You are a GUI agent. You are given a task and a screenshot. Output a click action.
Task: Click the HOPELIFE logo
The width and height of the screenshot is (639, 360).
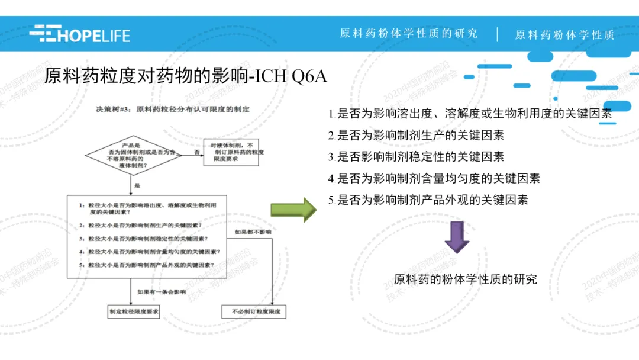coord(80,34)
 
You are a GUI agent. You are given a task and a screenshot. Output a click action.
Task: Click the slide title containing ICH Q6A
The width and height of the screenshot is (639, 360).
coord(186,77)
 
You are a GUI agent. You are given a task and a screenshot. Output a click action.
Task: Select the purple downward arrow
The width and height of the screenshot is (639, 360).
coord(457,237)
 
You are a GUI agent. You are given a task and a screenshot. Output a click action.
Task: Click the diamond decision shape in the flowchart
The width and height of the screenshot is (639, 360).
coord(133,155)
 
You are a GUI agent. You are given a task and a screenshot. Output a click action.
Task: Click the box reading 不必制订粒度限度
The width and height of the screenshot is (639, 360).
coord(253,311)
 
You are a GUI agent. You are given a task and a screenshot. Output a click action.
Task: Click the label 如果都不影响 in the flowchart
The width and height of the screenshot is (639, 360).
coord(253,232)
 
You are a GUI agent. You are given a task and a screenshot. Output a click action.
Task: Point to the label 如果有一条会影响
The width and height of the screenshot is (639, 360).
coord(162,291)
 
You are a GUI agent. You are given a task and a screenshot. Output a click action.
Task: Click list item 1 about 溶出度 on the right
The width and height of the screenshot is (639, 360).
coord(470,113)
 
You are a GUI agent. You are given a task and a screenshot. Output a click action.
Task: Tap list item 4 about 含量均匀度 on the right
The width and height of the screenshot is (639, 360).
coord(434,178)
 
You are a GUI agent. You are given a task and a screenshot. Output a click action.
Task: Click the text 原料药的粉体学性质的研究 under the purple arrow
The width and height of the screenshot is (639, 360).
coord(465,279)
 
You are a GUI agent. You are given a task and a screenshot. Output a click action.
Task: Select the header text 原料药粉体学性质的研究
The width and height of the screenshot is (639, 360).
coord(408,34)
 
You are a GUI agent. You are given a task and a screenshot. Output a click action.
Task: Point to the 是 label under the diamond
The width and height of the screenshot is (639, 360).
coord(137,185)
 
